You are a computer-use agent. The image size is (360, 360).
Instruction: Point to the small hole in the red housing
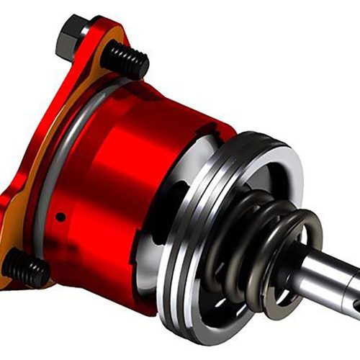click(62, 215)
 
